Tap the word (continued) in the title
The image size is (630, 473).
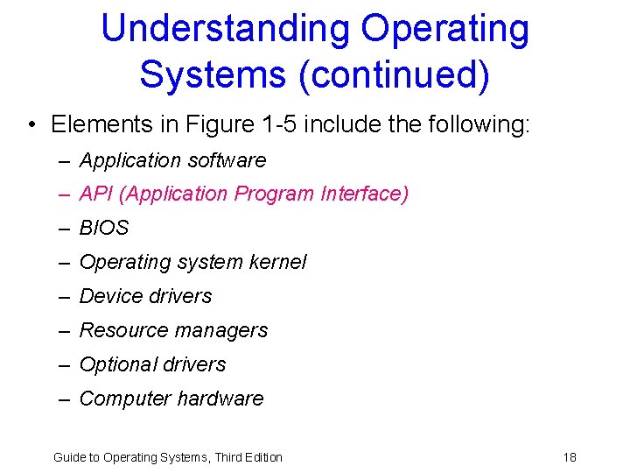pos(394,74)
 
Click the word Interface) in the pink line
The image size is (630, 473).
pos(364,194)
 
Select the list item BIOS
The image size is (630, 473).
pos(104,228)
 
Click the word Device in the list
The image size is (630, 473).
pos(109,296)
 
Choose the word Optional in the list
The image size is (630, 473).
pos(115,364)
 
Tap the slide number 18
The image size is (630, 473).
pos(570,457)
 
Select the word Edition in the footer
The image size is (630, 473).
pos(262,457)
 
